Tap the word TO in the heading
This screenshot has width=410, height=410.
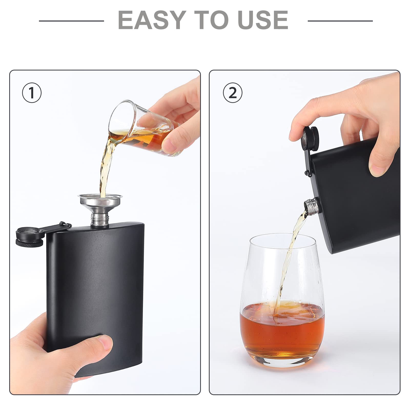211,20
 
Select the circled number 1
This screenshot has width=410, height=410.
32,93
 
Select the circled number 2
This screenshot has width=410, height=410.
232,93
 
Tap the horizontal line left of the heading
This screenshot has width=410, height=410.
71,21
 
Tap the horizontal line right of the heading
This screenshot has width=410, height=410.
340,21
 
